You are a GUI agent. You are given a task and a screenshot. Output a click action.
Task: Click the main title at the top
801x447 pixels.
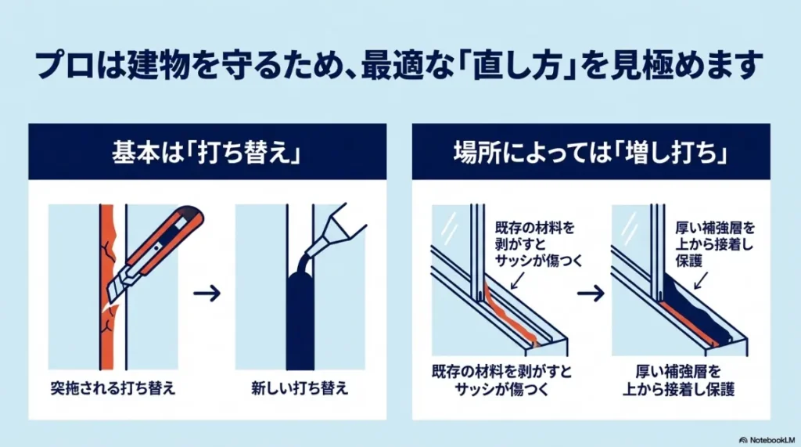[400, 66]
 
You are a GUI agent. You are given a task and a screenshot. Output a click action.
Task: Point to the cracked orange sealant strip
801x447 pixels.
[108, 313]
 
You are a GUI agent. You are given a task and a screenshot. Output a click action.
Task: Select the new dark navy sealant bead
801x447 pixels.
[300, 321]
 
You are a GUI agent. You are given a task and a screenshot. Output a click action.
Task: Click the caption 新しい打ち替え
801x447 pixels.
[300, 388]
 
